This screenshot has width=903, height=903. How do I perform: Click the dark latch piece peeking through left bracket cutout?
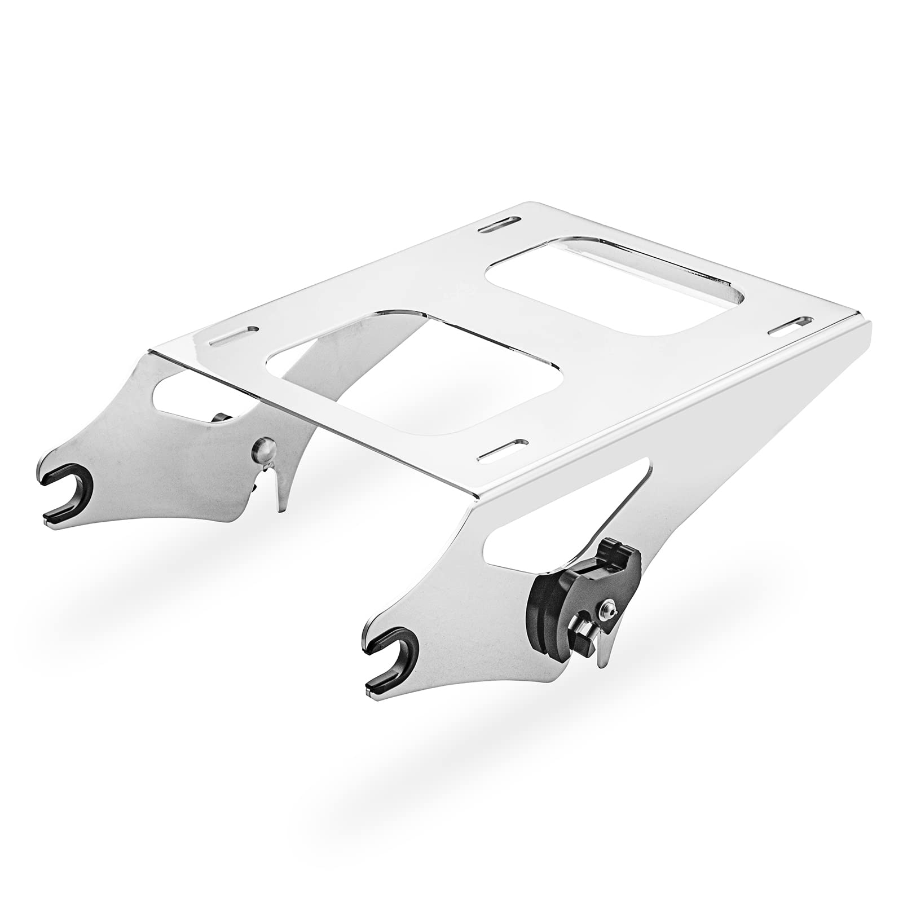[221, 418]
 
